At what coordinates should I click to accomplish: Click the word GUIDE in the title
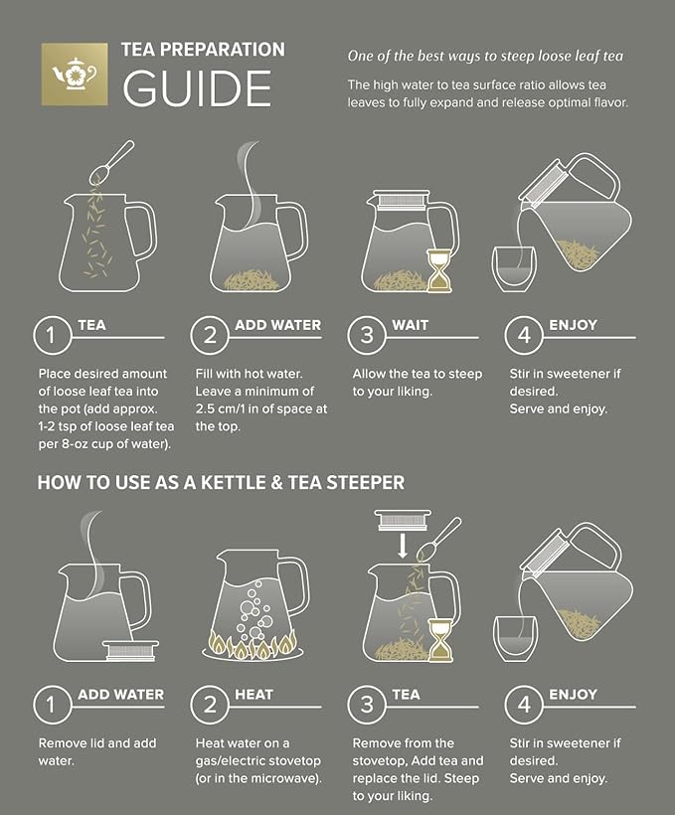coord(197,87)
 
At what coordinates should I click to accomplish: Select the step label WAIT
coord(412,325)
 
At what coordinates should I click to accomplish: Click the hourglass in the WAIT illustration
coord(438,270)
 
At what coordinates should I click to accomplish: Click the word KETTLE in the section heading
coord(239,483)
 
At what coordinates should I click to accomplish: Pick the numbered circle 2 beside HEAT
coord(210,706)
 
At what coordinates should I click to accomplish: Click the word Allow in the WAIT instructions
coord(372,374)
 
